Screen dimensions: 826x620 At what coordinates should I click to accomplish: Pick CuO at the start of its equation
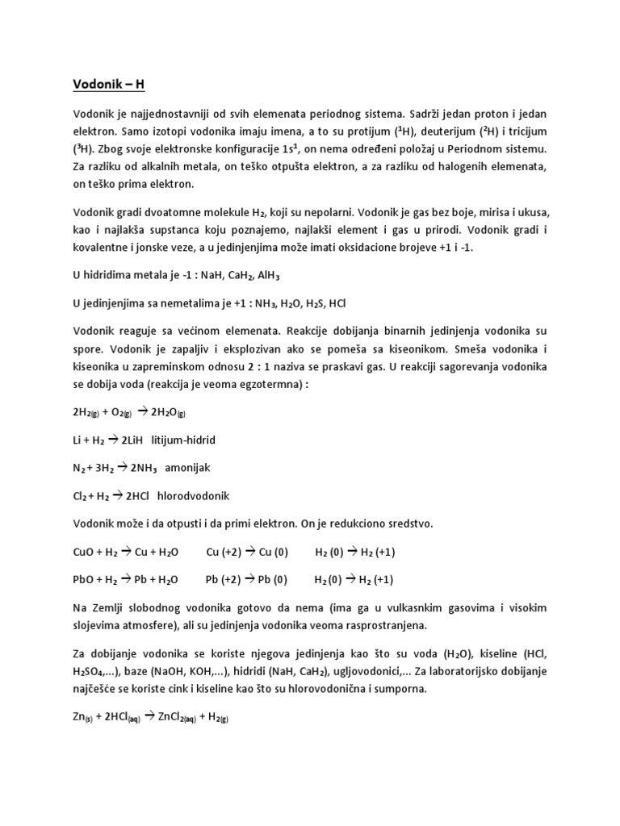click(83, 552)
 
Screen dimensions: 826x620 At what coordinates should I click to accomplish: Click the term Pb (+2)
click(225, 580)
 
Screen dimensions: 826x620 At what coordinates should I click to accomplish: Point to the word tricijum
click(531, 132)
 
